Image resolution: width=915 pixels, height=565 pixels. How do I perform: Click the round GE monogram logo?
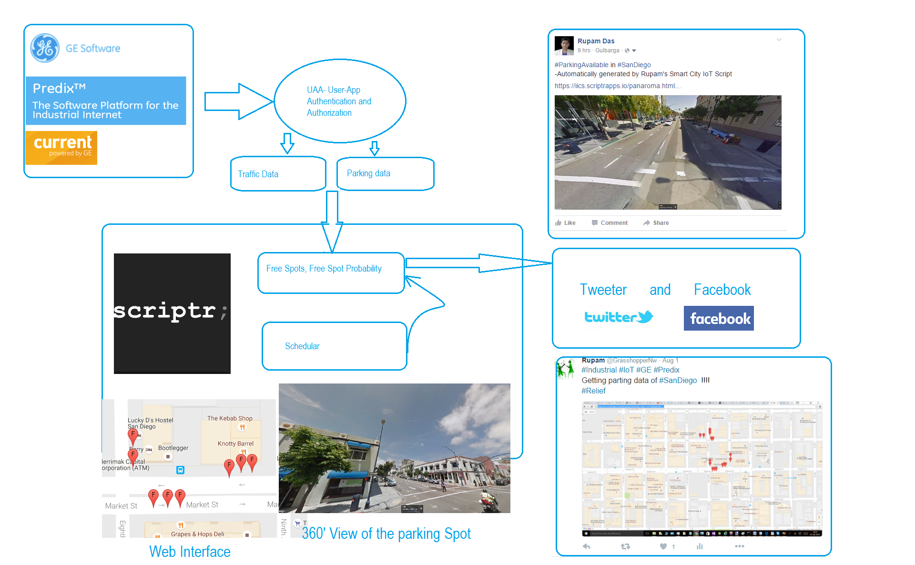pyautogui.click(x=45, y=48)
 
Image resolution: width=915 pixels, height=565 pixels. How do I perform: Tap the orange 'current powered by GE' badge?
pyautogui.click(x=61, y=148)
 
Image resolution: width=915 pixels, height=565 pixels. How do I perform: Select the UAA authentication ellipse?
pyautogui.click(x=339, y=101)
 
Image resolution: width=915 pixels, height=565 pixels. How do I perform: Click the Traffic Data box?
pyautogui.click(x=278, y=174)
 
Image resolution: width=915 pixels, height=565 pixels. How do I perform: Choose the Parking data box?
pyautogui.click(x=385, y=173)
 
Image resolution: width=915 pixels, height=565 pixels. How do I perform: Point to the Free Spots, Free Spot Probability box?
pyautogui.click(x=331, y=272)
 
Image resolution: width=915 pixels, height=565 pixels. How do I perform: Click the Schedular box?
pyautogui.click(x=334, y=346)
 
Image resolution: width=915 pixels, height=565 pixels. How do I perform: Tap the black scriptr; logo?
pyautogui.click(x=172, y=313)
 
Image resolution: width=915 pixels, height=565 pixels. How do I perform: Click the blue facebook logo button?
pyautogui.click(x=718, y=318)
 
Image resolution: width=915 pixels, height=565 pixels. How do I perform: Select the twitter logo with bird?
pyautogui.click(x=619, y=317)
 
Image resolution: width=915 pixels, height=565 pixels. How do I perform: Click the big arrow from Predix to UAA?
pyautogui.click(x=238, y=101)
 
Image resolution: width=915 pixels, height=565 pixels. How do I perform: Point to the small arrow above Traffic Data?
pyautogui.click(x=287, y=143)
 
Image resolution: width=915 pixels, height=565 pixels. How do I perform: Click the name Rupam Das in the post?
pyautogui.click(x=596, y=41)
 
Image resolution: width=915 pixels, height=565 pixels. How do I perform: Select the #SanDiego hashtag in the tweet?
pyautogui.click(x=678, y=380)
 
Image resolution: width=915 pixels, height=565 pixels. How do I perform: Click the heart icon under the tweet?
pyautogui.click(x=663, y=546)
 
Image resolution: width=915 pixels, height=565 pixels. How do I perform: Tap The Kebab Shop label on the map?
pyautogui.click(x=230, y=418)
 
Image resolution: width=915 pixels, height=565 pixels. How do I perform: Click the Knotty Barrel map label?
pyautogui.click(x=235, y=444)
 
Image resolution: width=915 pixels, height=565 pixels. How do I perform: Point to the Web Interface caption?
pyautogui.click(x=190, y=552)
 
